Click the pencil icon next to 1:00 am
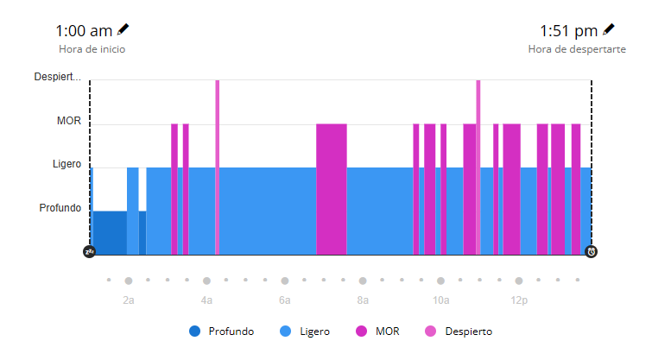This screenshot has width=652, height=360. point(123,30)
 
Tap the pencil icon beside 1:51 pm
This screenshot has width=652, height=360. point(609,30)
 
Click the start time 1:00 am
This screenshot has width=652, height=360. point(84,31)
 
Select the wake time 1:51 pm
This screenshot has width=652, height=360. point(569,31)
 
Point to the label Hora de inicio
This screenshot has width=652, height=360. point(92,49)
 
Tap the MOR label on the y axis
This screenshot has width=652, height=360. point(69,122)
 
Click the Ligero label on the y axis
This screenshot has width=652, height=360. point(66,164)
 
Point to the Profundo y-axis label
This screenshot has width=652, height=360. point(60,208)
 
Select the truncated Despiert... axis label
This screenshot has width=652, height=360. point(58,77)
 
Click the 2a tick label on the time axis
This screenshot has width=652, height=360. point(128,300)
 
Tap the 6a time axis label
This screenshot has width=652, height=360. point(284,300)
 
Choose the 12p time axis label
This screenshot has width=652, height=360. point(518,300)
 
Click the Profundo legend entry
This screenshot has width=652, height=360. point(222,332)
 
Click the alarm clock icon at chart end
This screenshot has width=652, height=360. point(592,251)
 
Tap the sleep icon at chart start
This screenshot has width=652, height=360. point(89,251)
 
